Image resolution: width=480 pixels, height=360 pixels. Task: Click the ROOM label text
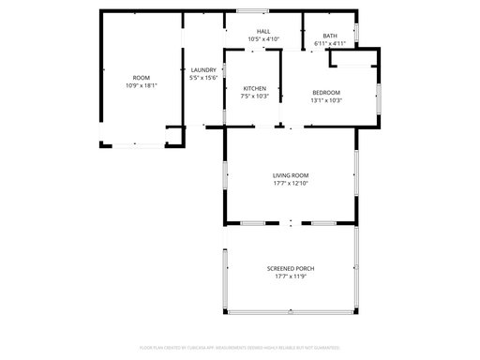click(x=141, y=77)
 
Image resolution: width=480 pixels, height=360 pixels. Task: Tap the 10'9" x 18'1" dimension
click(x=141, y=84)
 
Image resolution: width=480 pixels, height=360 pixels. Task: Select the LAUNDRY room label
click(x=203, y=70)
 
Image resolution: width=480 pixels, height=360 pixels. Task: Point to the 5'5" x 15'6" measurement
click(x=203, y=78)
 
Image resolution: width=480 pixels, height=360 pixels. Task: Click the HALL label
click(x=263, y=31)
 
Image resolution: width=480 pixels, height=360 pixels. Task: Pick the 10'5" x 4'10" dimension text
click(x=263, y=38)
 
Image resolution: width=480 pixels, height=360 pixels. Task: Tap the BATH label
click(x=330, y=36)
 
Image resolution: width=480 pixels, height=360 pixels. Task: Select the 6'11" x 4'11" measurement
click(x=330, y=43)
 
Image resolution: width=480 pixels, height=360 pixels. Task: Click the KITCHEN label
click(x=255, y=88)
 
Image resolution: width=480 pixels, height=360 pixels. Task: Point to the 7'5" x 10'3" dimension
click(x=255, y=96)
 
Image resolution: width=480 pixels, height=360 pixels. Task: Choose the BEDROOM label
click(x=326, y=92)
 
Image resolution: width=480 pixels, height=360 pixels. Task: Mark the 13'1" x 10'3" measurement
click(x=326, y=100)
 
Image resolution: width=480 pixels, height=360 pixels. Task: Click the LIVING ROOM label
click(x=291, y=175)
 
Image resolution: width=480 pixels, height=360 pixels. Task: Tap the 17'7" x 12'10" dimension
click(x=291, y=183)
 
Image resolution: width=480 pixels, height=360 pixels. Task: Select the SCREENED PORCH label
click(x=290, y=268)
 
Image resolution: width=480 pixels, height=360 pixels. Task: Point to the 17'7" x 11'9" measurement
click(x=290, y=277)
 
